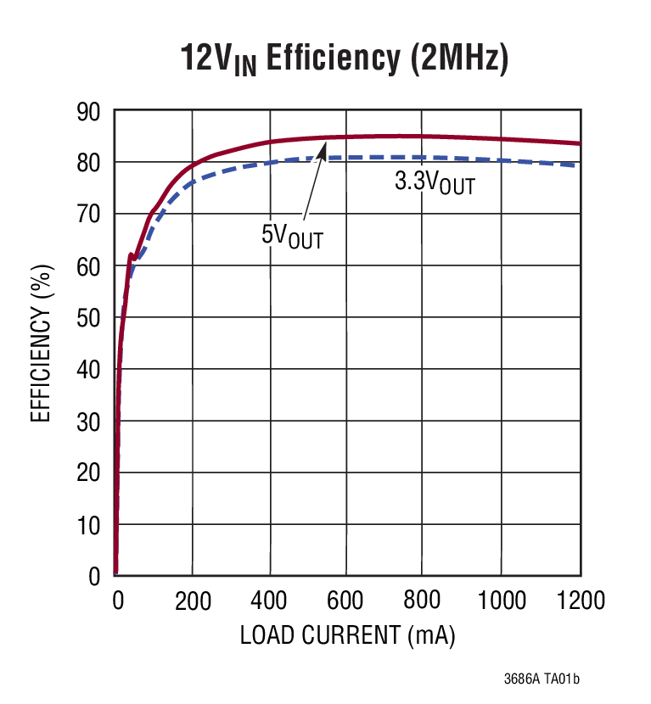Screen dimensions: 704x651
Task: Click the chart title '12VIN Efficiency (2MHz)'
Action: (344, 59)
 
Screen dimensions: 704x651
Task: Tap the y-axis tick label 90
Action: (88, 111)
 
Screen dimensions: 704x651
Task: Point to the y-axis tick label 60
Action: (88, 266)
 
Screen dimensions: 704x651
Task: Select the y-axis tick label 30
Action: (88, 422)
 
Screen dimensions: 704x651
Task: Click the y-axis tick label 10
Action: (88, 525)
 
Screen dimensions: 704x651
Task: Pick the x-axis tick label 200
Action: (193, 601)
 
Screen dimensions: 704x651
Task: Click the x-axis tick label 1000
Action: (502, 601)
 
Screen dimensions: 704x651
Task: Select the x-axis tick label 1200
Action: (579, 601)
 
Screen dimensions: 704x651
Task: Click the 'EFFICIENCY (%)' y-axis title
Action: (42, 343)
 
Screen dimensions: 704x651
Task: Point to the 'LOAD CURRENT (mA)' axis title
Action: (347, 635)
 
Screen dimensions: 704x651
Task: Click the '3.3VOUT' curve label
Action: (434, 182)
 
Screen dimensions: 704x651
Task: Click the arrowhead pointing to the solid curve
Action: (323, 149)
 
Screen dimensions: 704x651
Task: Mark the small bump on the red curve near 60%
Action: (132, 254)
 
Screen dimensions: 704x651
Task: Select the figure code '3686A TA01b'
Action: (542, 679)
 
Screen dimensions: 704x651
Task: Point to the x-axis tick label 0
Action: (118, 601)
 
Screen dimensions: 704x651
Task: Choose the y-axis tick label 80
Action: (88, 163)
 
